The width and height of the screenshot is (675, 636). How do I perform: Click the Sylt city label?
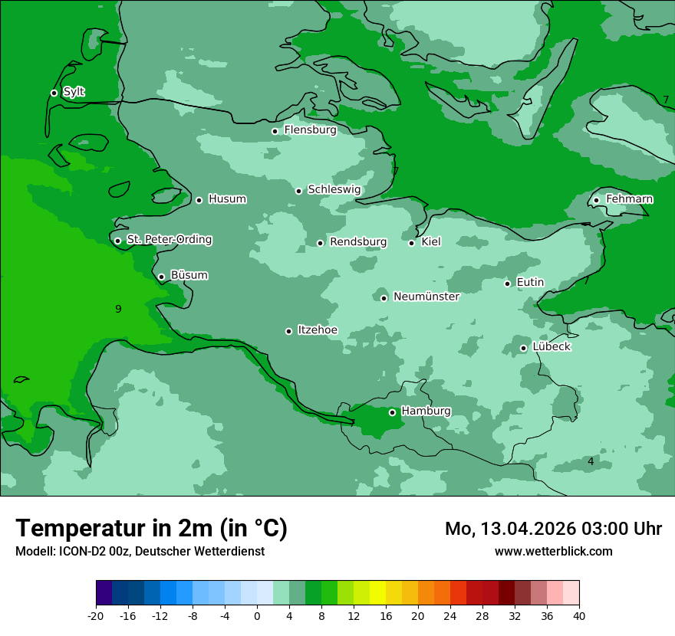[x=74, y=92]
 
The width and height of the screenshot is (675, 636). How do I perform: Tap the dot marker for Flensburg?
[x=275, y=131]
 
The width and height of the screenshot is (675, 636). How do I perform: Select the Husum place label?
[x=227, y=199]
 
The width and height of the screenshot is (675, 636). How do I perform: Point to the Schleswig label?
[x=334, y=189]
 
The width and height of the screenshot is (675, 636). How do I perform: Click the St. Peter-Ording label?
[x=169, y=239]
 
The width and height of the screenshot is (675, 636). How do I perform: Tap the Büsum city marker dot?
[x=161, y=277]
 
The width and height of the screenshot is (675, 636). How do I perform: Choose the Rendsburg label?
[x=357, y=242]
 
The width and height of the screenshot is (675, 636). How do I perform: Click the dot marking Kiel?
[x=411, y=243]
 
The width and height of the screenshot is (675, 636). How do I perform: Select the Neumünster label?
[x=426, y=297]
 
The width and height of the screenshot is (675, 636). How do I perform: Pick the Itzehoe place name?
[x=317, y=330]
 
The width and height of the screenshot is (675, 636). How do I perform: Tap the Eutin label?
[x=530, y=282]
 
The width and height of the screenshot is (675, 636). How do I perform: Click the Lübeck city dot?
[x=523, y=348]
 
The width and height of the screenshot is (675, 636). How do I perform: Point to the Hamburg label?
[x=426, y=411]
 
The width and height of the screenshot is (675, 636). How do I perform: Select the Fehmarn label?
[x=629, y=199]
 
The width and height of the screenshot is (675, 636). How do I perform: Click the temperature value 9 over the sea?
[x=118, y=309]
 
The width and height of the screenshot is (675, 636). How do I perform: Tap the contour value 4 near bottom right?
[x=591, y=461]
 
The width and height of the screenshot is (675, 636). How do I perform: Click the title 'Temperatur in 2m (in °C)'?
[x=152, y=528]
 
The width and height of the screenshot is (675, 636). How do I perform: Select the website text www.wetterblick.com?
[x=553, y=551]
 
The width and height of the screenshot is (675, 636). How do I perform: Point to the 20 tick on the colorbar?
[x=418, y=616]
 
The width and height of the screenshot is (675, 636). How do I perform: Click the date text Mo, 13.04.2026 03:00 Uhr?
[x=553, y=529]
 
